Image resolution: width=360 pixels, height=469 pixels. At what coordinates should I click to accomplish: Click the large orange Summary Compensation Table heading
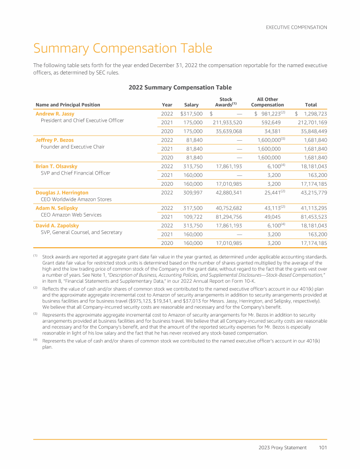point(122,48)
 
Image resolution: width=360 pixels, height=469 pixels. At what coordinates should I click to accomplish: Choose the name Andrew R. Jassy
point(55,114)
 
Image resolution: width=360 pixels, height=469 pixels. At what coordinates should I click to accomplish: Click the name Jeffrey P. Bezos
point(54,140)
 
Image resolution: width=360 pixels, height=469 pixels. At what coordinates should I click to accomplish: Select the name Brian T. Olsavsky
point(56,166)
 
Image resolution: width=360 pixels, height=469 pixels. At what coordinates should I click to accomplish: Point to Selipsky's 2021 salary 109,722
point(193,217)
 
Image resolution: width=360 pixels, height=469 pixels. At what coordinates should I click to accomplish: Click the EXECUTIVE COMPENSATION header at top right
point(296,28)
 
